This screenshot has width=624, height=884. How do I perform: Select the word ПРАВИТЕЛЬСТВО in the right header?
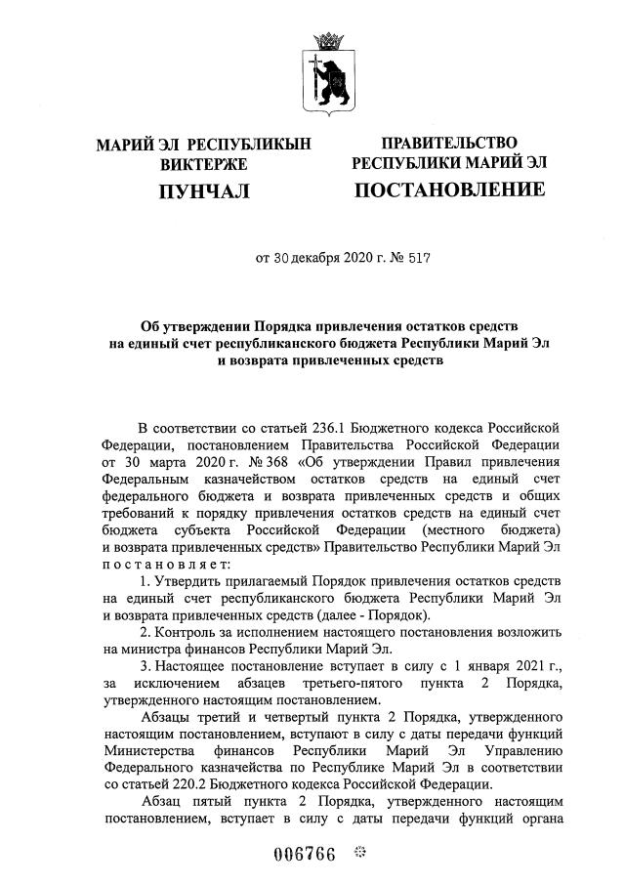tap(449, 143)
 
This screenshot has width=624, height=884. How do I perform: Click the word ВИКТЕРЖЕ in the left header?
tap(204, 164)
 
